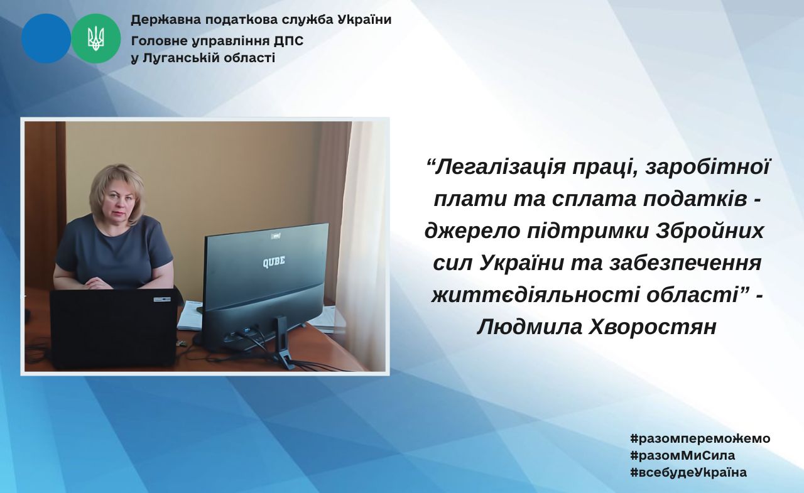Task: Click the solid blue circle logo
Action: point(46,38)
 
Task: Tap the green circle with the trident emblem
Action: point(96,38)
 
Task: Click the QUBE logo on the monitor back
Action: point(274,261)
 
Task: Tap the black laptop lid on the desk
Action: point(114,328)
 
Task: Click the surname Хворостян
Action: point(652,327)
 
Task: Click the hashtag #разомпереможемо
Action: point(700,438)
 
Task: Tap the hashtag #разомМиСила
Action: point(682,456)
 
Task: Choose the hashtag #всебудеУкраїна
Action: point(688,472)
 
